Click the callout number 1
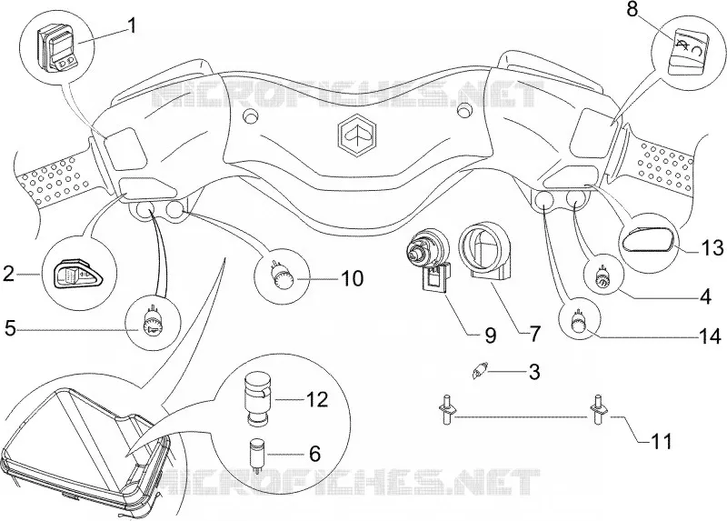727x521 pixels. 132,25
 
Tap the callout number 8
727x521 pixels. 632,10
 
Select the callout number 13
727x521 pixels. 711,248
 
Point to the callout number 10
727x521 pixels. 352,278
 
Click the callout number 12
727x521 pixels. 317,399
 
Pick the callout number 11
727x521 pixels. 662,442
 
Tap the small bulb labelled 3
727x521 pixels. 480,371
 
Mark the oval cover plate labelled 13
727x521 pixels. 648,241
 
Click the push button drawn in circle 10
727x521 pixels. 281,277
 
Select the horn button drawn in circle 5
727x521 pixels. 150,321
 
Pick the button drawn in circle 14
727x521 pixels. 579,321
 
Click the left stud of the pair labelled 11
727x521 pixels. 447,408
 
